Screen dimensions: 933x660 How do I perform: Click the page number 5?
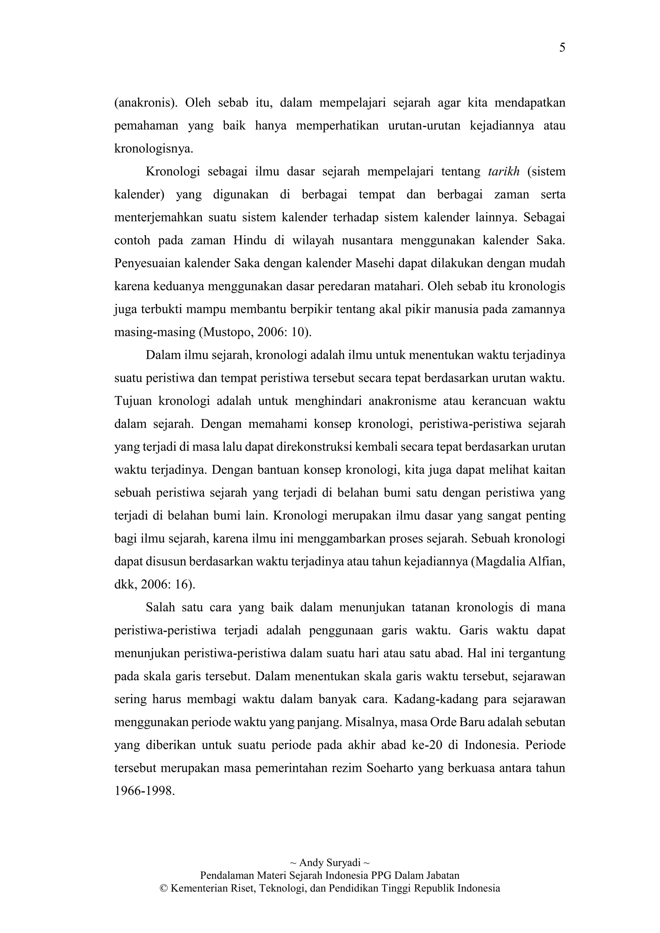[562, 48]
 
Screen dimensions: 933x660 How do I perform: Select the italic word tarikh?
[503, 171]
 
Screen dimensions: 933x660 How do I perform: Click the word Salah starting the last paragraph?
[160, 608]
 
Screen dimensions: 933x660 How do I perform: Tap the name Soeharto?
[390, 768]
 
